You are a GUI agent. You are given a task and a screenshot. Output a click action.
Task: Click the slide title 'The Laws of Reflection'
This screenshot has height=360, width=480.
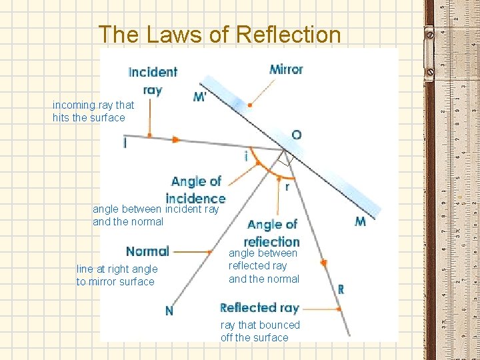(x=219, y=34)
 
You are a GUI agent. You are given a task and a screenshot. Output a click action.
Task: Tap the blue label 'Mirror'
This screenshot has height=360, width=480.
(x=286, y=69)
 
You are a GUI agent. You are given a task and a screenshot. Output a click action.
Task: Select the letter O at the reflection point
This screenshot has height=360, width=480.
(x=296, y=135)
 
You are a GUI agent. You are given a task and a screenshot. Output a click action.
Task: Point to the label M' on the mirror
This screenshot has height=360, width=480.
(x=199, y=97)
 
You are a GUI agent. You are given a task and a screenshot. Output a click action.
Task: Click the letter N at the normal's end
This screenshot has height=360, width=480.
(x=169, y=310)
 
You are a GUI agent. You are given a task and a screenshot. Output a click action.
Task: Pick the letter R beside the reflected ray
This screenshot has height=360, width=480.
(x=341, y=289)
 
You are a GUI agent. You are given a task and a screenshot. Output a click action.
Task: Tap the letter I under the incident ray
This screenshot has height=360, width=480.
(x=125, y=143)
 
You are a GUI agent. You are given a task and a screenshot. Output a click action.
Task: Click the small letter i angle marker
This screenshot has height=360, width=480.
(x=246, y=157)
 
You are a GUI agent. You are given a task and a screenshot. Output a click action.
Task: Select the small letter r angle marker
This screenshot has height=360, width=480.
(x=287, y=187)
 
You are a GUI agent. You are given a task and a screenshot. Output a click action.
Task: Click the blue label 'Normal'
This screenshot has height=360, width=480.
(x=147, y=251)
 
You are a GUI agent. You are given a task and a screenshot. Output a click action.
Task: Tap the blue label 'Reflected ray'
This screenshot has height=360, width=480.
(x=259, y=307)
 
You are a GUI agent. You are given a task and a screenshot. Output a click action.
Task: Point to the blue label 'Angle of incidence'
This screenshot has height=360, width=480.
(x=195, y=189)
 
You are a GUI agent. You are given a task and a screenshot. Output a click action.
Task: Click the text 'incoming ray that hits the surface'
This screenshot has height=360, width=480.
(x=93, y=111)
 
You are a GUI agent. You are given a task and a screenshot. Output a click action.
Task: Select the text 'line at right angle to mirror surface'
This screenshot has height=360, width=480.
(x=117, y=275)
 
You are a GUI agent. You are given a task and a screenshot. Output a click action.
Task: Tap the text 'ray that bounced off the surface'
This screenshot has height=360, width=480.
(x=260, y=331)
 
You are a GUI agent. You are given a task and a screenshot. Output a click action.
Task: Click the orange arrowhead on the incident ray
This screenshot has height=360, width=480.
(x=176, y=140)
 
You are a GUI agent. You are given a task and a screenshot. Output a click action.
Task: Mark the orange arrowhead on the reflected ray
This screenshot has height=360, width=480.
(x=323, y=264)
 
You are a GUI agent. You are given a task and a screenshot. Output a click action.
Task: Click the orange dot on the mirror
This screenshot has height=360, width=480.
(x=249, y=105)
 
